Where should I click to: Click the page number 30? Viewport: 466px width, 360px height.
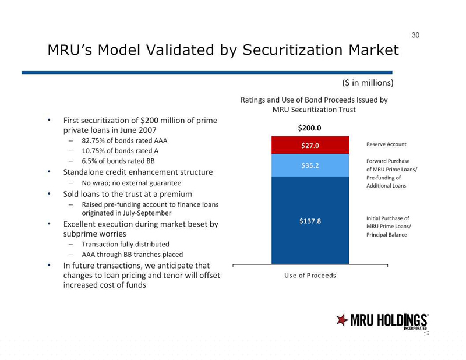tap(415, 35)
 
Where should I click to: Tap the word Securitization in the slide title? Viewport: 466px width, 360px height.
tap(293, 50)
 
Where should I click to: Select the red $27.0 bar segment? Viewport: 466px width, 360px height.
tap(310, 145)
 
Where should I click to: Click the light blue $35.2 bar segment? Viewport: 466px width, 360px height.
tap(310, 165)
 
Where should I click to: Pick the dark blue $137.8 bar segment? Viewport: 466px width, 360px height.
tap(310, 220)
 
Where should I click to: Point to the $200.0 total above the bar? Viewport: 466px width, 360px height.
tap(310, 128)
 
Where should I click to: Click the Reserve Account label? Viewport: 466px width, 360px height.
tap(386, 144)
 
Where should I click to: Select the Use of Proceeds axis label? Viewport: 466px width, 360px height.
tap(310, 276)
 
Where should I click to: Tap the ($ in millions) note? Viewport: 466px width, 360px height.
tap(368, 83)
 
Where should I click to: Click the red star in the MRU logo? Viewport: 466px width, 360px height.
tap(342, 320)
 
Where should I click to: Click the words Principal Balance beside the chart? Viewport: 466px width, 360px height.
tap(386, 235)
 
